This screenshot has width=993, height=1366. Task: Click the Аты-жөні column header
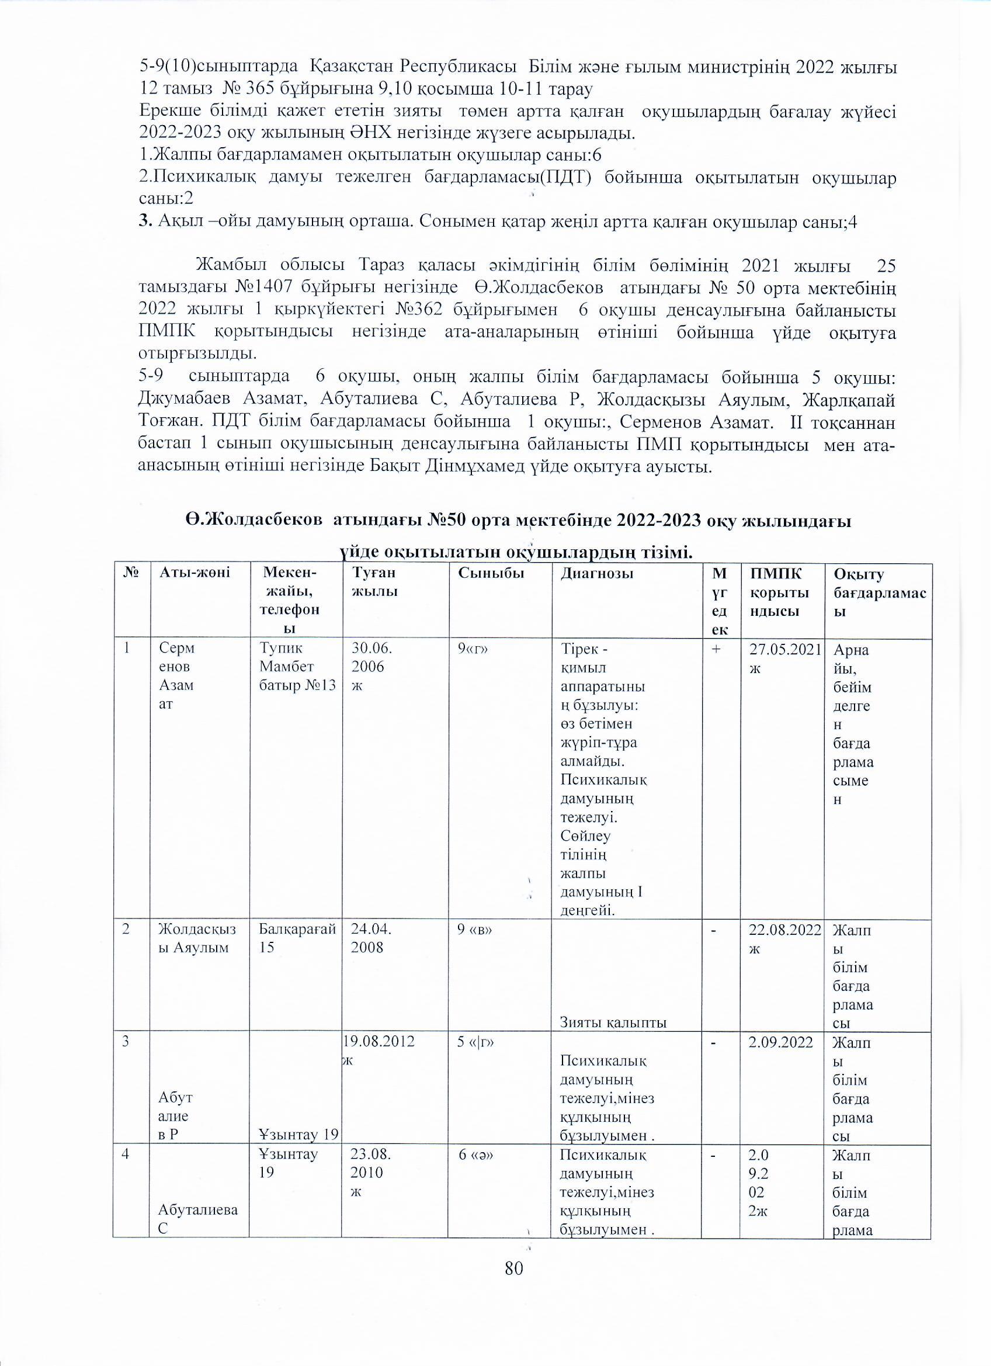(x=195, y=574)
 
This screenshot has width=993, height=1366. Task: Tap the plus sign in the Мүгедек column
(x=714, y=649)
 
